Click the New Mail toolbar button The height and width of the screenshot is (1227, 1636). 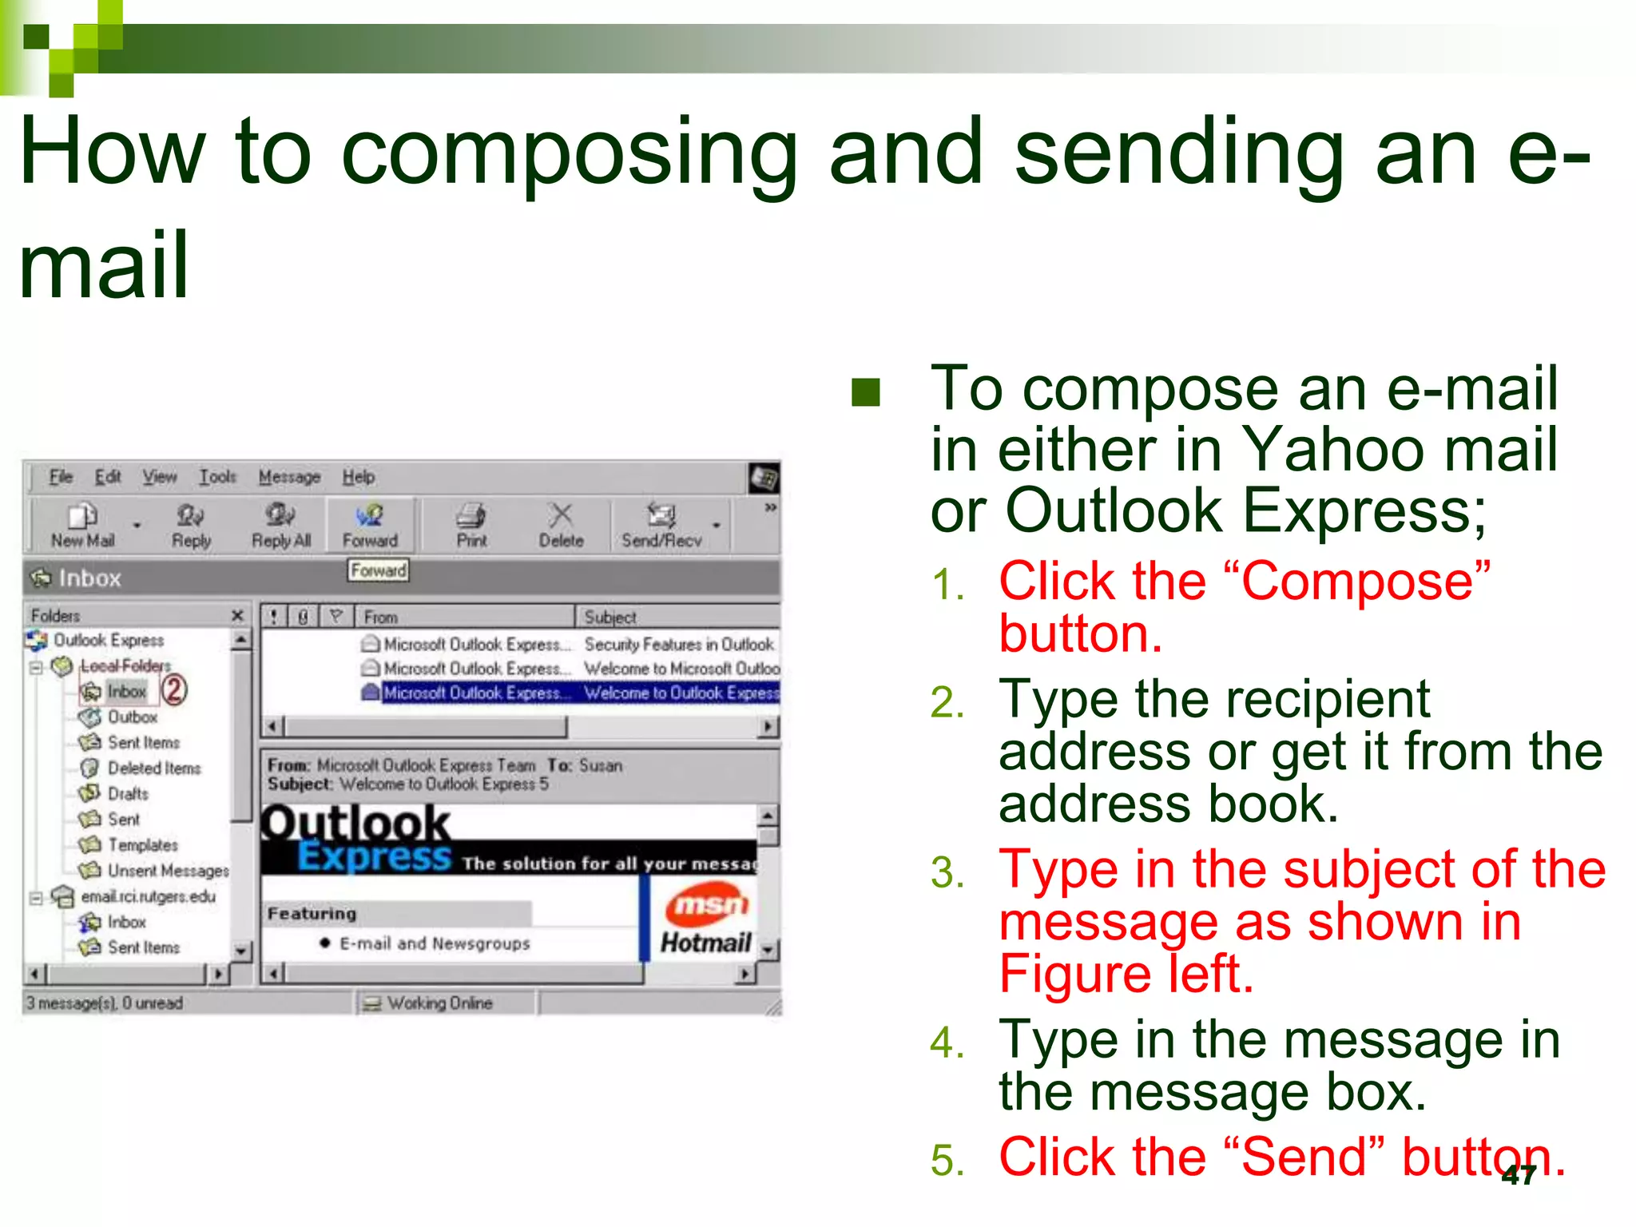tap(82, 526)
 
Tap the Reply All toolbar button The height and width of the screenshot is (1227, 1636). tap(280, 526)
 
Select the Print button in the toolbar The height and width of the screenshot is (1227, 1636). tap(471, 526)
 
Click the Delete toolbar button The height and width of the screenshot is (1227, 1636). tap(561, 526)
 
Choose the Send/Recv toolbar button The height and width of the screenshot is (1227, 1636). tap(661, 526)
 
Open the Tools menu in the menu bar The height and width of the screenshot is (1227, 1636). tap(217, 477)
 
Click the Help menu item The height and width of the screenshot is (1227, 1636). tap(359, 477)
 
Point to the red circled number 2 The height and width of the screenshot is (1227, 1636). tap(174, 689)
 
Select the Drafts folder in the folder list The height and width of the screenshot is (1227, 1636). tap(128, 793)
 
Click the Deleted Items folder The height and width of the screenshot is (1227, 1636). tap(153, 768)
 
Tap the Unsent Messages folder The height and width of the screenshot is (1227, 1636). tap(168, 870)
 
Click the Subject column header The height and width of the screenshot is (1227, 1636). tap(610, 617)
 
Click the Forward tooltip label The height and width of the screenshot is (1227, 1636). tap(378, 570)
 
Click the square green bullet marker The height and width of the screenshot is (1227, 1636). tap(866, 392)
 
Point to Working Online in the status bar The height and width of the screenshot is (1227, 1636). tap(439, 1003)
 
